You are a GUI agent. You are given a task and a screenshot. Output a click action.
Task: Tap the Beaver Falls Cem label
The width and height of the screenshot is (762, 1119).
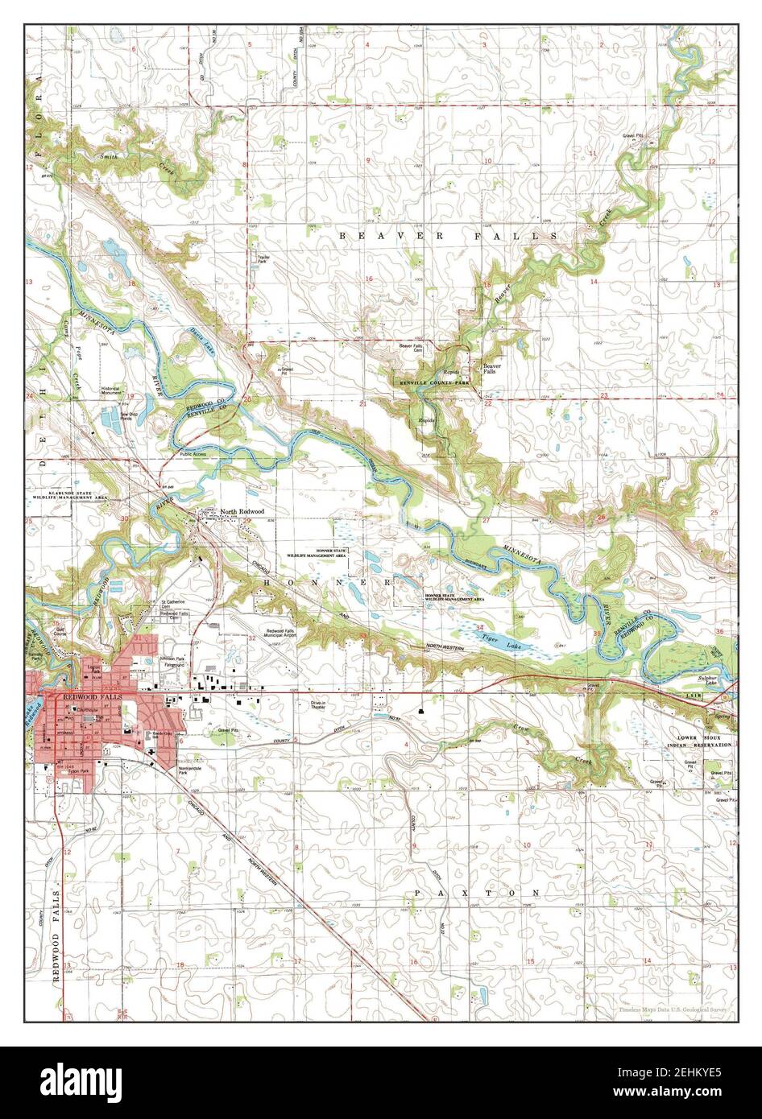click(x=412, y=348)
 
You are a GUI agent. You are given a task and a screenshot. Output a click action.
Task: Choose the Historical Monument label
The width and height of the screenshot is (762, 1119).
click(x=114, y=390)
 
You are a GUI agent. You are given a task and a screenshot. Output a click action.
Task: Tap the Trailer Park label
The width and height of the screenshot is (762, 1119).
click(x=263, y=260)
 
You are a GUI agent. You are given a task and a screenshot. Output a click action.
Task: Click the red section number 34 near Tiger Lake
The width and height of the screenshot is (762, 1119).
click(x=480, y=626)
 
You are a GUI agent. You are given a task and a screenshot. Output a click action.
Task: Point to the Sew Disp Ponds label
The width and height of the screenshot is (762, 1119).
click(x=110, y=417)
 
